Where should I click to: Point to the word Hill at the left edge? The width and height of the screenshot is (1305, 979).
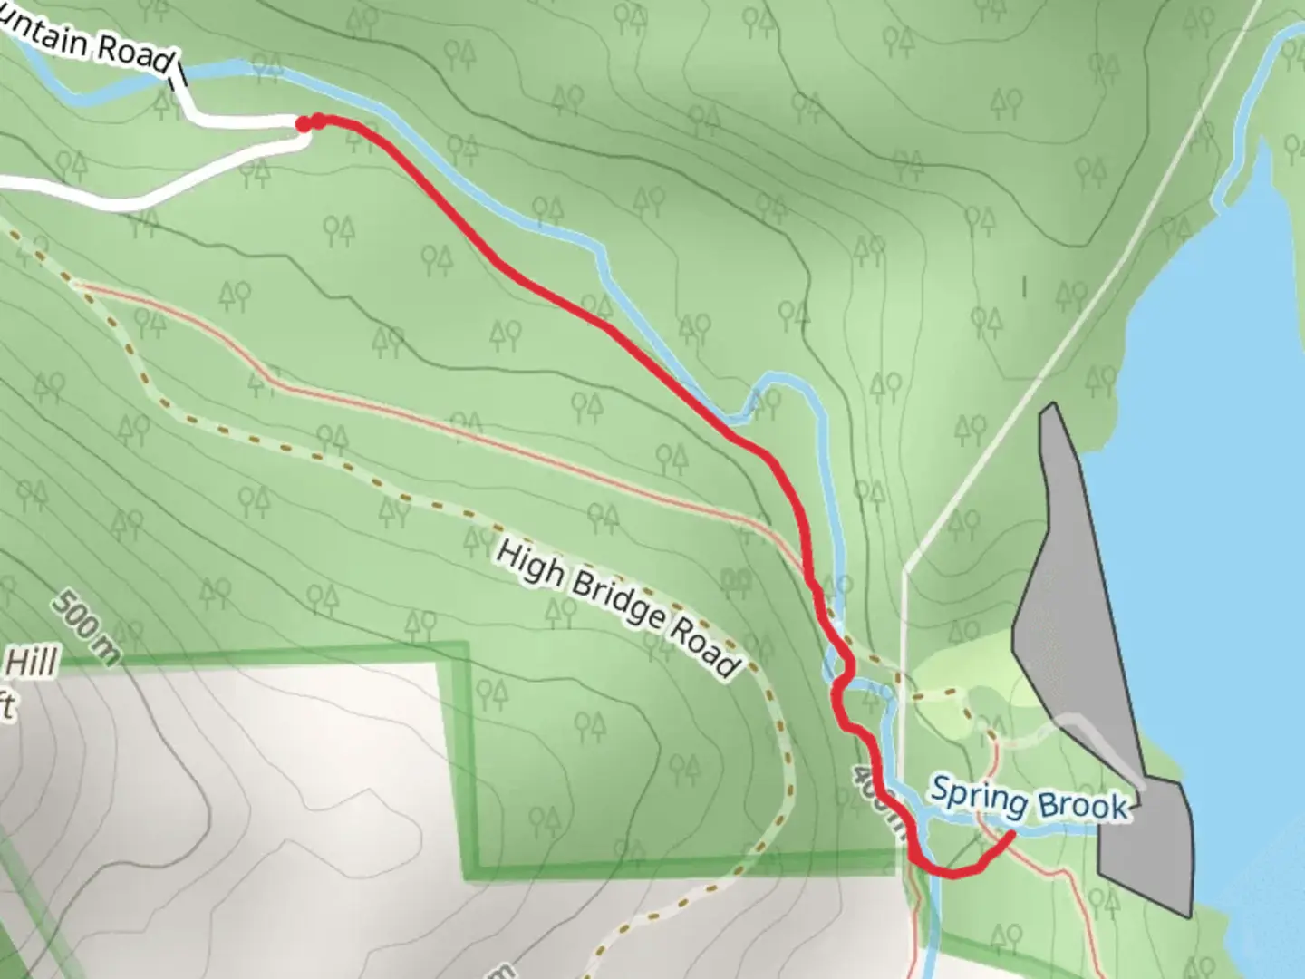32,664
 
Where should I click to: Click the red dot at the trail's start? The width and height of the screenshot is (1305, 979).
305,124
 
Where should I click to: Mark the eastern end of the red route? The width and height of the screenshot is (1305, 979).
1010,835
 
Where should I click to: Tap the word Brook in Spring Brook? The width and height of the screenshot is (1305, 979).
1083,806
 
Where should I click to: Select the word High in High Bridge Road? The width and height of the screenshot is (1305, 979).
530,564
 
